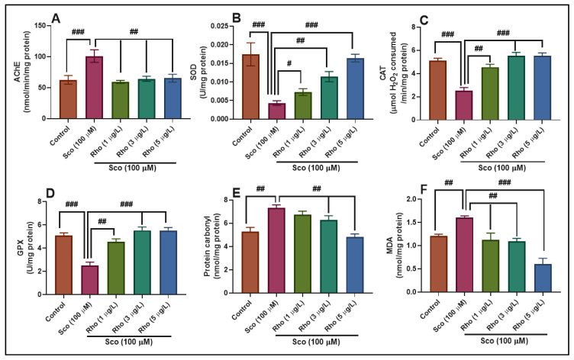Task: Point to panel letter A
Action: coord(56,16)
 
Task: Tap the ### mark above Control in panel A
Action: coord(78,32)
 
